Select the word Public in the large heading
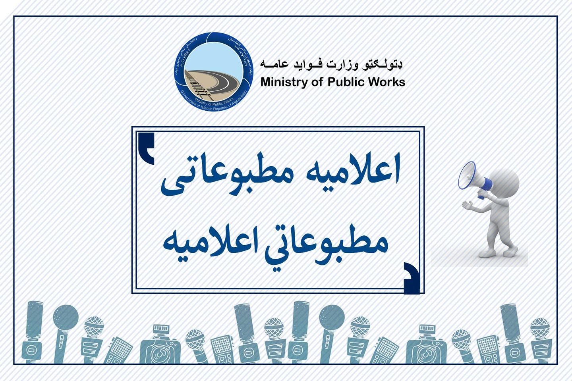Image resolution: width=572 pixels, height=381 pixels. [346, 82]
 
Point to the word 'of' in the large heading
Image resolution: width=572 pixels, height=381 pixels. [317, 82]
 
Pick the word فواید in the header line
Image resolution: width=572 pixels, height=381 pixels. [305, 64]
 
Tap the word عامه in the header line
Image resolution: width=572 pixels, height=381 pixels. [274, 64]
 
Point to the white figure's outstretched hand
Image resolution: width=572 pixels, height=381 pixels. [467, 205]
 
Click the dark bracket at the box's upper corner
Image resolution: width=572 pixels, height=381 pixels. [147, 148]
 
